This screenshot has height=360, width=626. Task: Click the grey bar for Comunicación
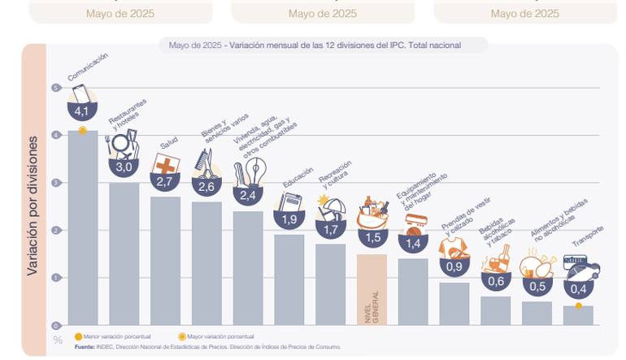pyautogui.click(x=82, y=228)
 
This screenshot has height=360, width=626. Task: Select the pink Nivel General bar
pyautogui.click(x=372, y=289)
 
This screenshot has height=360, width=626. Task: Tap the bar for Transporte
pyautogui.click(x=578, y=315)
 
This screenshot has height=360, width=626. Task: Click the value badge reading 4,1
pyautogui.click(x=82, y=111)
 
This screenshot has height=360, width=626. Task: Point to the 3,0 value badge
pyautogui.click(x=124, y=167)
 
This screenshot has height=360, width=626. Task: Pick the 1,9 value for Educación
pyautogui.click(x=289, y=219)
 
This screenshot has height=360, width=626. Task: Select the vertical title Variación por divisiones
pyautogui.click(x=33, y=206)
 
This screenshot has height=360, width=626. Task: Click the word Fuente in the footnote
pyautogui.click(x=84, y=346)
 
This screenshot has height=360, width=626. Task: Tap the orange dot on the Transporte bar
pyautogui.click(x=578, y=306)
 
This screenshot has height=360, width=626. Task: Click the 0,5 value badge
pyautogui.click(x=537, y=285)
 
